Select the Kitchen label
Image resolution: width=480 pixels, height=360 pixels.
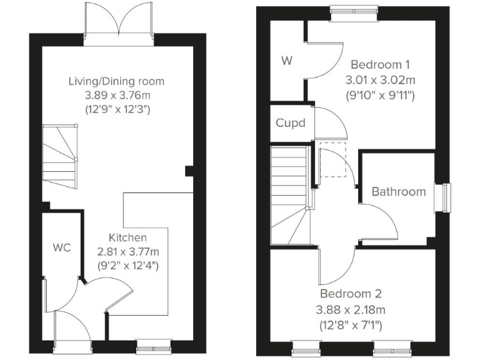tap(128, 237)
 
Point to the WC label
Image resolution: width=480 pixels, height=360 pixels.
tap(62, 247)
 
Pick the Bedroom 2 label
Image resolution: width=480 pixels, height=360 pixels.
tap(351, 294)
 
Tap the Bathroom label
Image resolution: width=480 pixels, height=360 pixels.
tap(398, 192)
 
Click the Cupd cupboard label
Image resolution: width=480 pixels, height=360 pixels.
tap(291, 122)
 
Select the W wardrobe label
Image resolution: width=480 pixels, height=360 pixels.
tap(287, 61)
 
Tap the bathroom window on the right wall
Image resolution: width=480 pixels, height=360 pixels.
tap(444, 198)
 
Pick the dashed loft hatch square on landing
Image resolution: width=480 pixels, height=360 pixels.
tap(332, 160)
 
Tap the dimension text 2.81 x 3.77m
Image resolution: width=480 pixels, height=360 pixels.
tap(128, 251)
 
